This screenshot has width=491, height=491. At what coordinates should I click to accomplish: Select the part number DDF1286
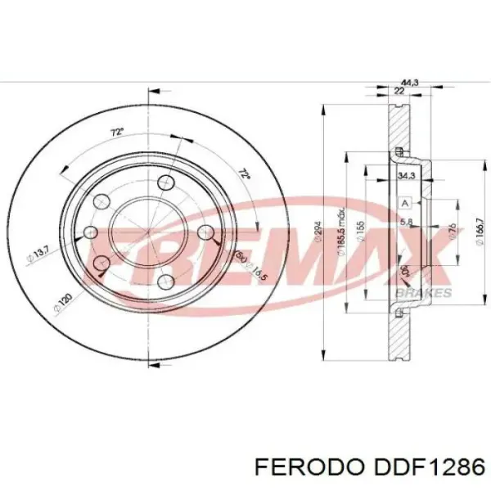coord(430,466)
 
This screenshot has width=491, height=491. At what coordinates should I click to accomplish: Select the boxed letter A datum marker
coord(403,202)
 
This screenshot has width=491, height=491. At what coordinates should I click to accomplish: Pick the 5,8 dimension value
coord(405,222)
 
